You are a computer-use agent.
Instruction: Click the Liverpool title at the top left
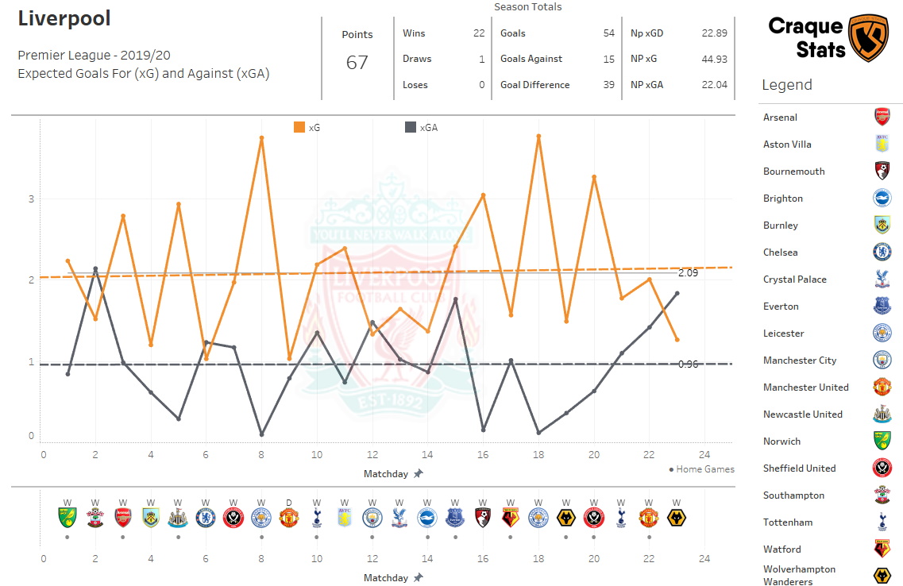64,18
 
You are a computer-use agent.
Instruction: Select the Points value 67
357,63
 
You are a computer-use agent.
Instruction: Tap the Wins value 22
478,33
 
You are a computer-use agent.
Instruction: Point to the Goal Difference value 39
609,85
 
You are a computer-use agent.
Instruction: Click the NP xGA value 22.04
714,85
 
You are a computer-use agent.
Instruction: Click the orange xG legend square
299,127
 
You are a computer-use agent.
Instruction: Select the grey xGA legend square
410,127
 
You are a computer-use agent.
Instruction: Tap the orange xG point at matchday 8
261,138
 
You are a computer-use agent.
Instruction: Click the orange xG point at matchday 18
538,137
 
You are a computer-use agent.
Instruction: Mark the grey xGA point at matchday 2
95,268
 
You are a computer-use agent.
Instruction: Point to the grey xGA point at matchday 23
677,293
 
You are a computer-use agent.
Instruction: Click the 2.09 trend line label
688,273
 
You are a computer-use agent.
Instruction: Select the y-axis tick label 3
32,199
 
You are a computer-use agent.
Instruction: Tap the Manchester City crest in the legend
882,360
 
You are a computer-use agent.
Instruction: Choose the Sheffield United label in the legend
799,468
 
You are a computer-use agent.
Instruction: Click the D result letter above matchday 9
289,503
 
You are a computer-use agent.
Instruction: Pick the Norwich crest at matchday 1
68,519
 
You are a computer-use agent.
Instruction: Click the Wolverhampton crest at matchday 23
677,519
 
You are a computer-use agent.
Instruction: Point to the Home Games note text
704,469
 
